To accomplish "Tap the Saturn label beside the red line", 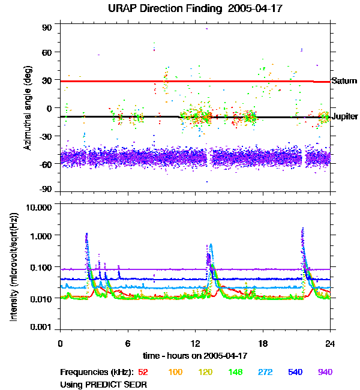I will tap(344, 81).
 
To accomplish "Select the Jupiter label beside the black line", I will tap(345, 116).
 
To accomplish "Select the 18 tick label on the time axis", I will tap(263, 344).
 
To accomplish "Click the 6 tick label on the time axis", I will tap(128, 344).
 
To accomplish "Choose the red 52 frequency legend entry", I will tap(143, 372).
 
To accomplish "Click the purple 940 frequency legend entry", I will tap(325, 372).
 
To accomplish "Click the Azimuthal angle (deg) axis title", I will tap(28, 108).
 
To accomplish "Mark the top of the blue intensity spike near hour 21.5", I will tap(302, 229).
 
